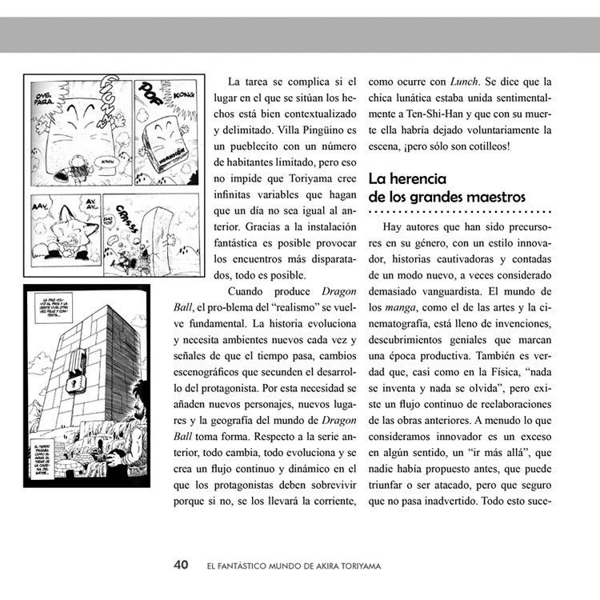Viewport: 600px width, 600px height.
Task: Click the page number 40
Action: pos(181,565)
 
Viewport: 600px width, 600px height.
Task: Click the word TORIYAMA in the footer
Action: pos(354,566)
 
